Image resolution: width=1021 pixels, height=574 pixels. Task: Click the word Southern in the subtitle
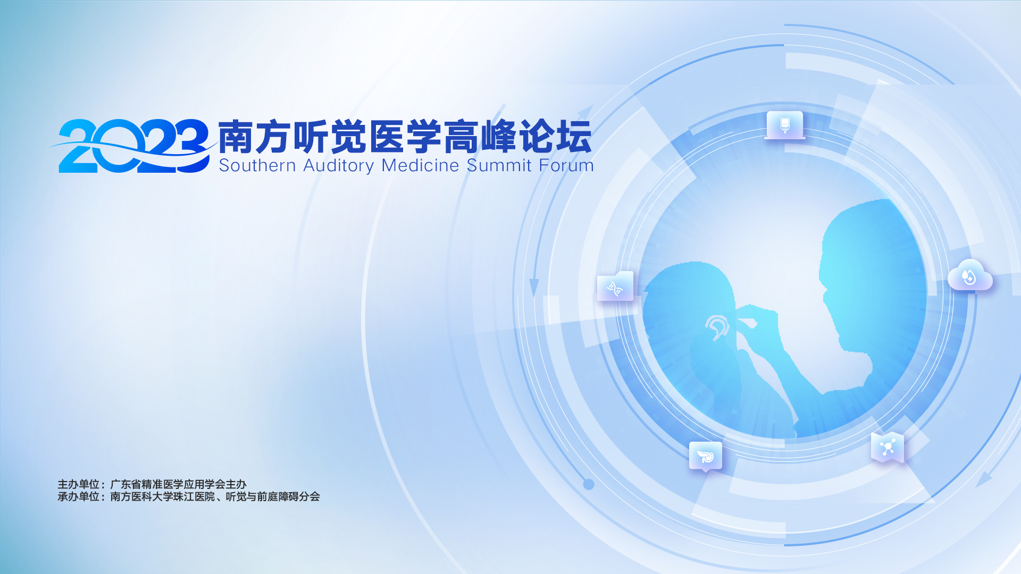pos(257,165)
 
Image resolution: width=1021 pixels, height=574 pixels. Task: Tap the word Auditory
pos(339,166)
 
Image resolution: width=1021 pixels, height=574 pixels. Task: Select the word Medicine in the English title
pos(420,165)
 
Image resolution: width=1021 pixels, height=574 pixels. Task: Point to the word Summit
pos(499,165)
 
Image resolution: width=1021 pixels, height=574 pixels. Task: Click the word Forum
pos(566,165)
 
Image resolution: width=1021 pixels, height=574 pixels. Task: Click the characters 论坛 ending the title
pos(556,137)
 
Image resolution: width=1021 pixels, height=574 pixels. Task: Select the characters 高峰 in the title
pos(481,137)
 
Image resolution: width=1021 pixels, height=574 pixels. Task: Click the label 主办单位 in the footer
pos(78,484)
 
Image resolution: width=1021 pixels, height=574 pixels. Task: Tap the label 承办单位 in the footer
pos(78,496)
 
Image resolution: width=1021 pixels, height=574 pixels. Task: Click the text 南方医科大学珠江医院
pos(162,496)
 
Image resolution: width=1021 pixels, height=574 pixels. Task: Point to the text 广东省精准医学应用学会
pos(168,484)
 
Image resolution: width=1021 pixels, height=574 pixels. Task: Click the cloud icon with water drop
pos(970,275)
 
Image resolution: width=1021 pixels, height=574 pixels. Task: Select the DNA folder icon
pos(615,287)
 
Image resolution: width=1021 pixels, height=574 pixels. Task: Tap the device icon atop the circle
pos(785,125)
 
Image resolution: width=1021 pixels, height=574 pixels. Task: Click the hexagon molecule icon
pos(887,448)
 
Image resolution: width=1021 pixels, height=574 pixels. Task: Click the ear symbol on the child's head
pos(717,327)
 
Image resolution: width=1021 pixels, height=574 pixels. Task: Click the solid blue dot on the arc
pos(589,484)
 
